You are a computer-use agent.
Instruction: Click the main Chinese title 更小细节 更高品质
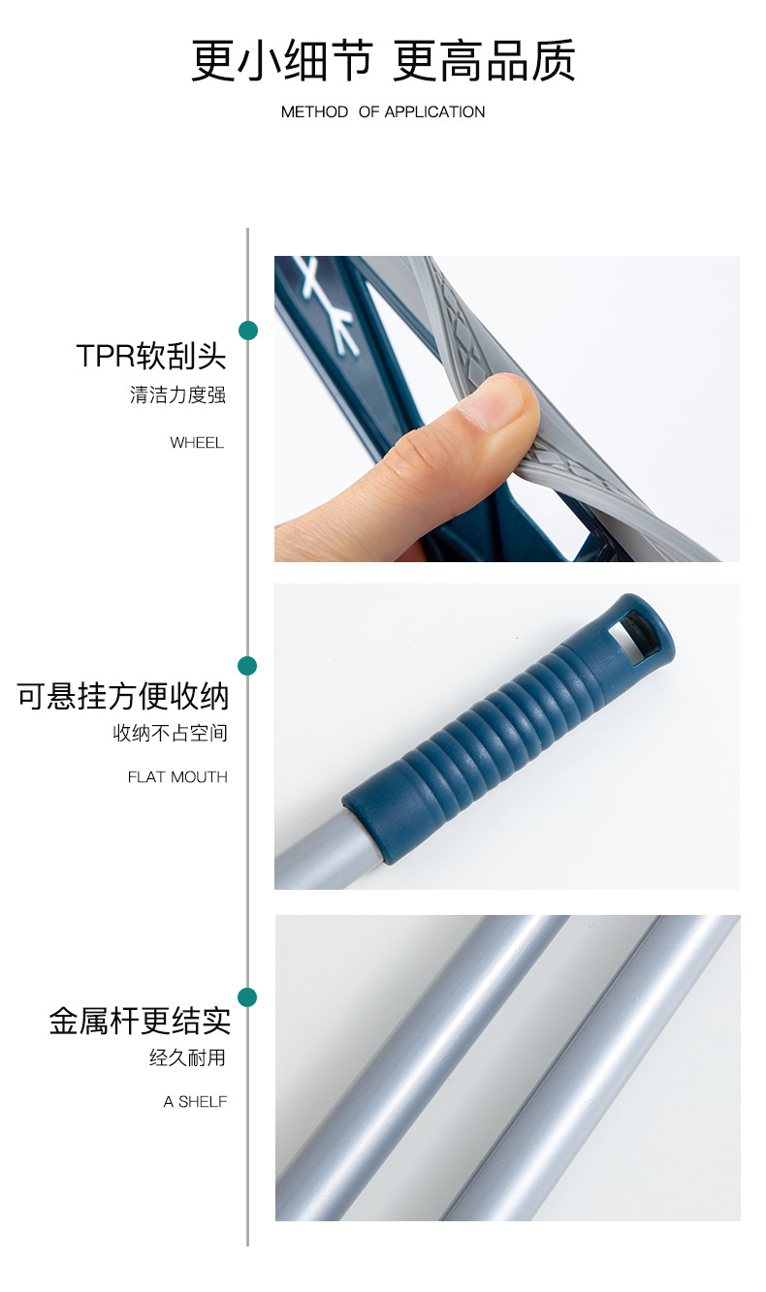383,60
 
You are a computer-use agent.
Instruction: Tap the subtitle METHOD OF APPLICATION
383,112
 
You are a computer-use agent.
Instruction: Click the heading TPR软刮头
151,356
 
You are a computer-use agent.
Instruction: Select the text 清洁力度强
177,395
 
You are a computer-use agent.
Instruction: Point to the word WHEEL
197,443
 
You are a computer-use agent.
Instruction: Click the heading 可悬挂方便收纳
123,696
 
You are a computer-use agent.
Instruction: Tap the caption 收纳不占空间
170,734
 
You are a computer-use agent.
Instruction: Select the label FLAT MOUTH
177,777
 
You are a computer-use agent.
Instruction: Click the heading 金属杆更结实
140,1021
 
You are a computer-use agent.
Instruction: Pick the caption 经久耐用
187,1058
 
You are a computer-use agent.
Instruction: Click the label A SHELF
195,1102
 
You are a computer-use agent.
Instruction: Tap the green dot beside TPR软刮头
248,331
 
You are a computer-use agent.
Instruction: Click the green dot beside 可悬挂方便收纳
248,666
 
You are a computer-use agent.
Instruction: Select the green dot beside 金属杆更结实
248,997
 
